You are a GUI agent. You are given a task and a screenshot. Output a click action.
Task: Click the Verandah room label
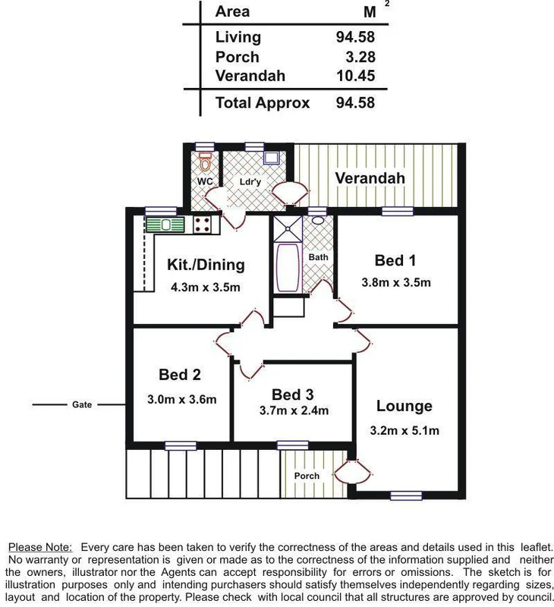(x=370, y=178)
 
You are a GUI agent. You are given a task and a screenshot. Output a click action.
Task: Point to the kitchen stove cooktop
(x=203, y=224)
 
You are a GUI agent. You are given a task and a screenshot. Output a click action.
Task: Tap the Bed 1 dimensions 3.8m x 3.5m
(x=395, y=283)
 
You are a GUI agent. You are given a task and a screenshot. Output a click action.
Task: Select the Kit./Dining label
(x=206, y=265)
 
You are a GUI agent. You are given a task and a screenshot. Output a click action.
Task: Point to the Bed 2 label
(x=180, y=374)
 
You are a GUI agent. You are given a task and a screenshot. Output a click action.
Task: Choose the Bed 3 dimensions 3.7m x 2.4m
(x=292, y=411)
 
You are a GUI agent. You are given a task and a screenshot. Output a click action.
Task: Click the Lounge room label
(x=404, y=407)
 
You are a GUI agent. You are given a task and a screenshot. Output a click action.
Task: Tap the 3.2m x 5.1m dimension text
(x=404, y=431)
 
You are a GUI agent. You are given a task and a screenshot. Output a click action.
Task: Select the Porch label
(x=307, y=476)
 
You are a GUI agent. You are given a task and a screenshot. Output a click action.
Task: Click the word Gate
(x=82, y=405)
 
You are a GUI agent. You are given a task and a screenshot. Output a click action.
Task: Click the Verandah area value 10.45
(x=355, y=76)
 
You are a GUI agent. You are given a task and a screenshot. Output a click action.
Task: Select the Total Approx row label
(x=263, y=102)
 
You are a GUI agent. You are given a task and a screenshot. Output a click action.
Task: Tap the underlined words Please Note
(x=40, y=547)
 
